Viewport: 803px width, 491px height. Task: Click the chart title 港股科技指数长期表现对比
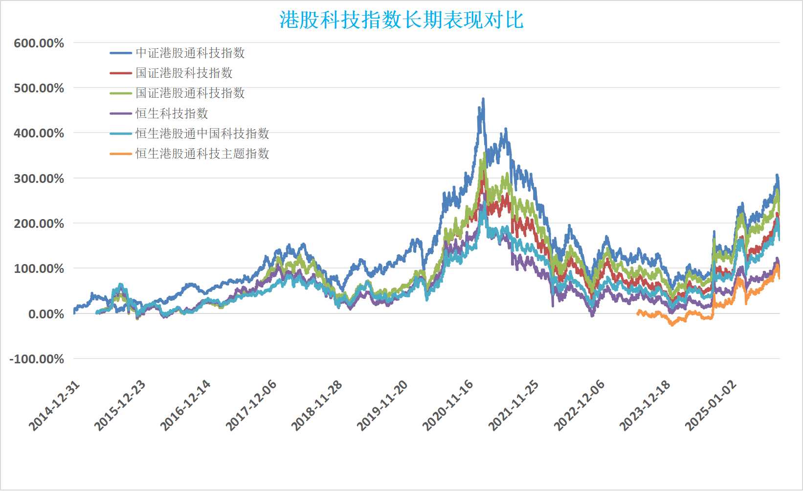pos(401,20)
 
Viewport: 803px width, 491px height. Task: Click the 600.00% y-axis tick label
pos(39,44)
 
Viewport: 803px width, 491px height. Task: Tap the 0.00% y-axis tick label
pos(46,314)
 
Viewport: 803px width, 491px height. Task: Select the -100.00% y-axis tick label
pos(37,359)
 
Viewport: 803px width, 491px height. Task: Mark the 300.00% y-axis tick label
pos(39,179)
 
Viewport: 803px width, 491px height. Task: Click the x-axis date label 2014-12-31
pos(54,406)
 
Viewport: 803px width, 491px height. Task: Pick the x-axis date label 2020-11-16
pos(447,406)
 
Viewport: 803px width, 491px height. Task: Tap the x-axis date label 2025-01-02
pos(710,406)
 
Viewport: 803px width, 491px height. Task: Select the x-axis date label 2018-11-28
pos(316,406)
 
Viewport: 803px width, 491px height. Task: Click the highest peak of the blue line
pos(483,99)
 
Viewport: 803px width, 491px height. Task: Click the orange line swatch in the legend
pos(121,154)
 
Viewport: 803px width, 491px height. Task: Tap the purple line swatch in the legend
pos(121,113)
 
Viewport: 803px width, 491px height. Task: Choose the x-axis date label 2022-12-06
pos(579,406)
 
